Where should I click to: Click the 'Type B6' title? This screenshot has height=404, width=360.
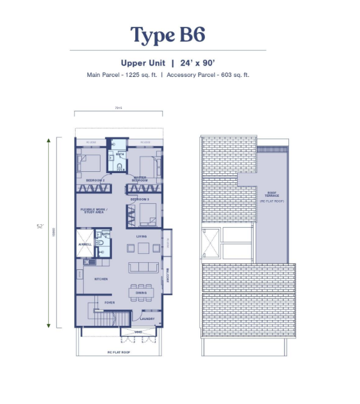pyautogui.click(x=167, y=35)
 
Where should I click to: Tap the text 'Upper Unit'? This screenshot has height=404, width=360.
pyautogui.click(x=142, y=63)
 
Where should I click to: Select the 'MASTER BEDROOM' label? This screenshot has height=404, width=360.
pyautogui.click(x=140, y=179)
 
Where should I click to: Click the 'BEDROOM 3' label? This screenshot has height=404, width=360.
pyautogui.click(x=140, y=200)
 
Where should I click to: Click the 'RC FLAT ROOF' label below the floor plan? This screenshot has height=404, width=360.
pyautogui.click(x=119, y=352)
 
